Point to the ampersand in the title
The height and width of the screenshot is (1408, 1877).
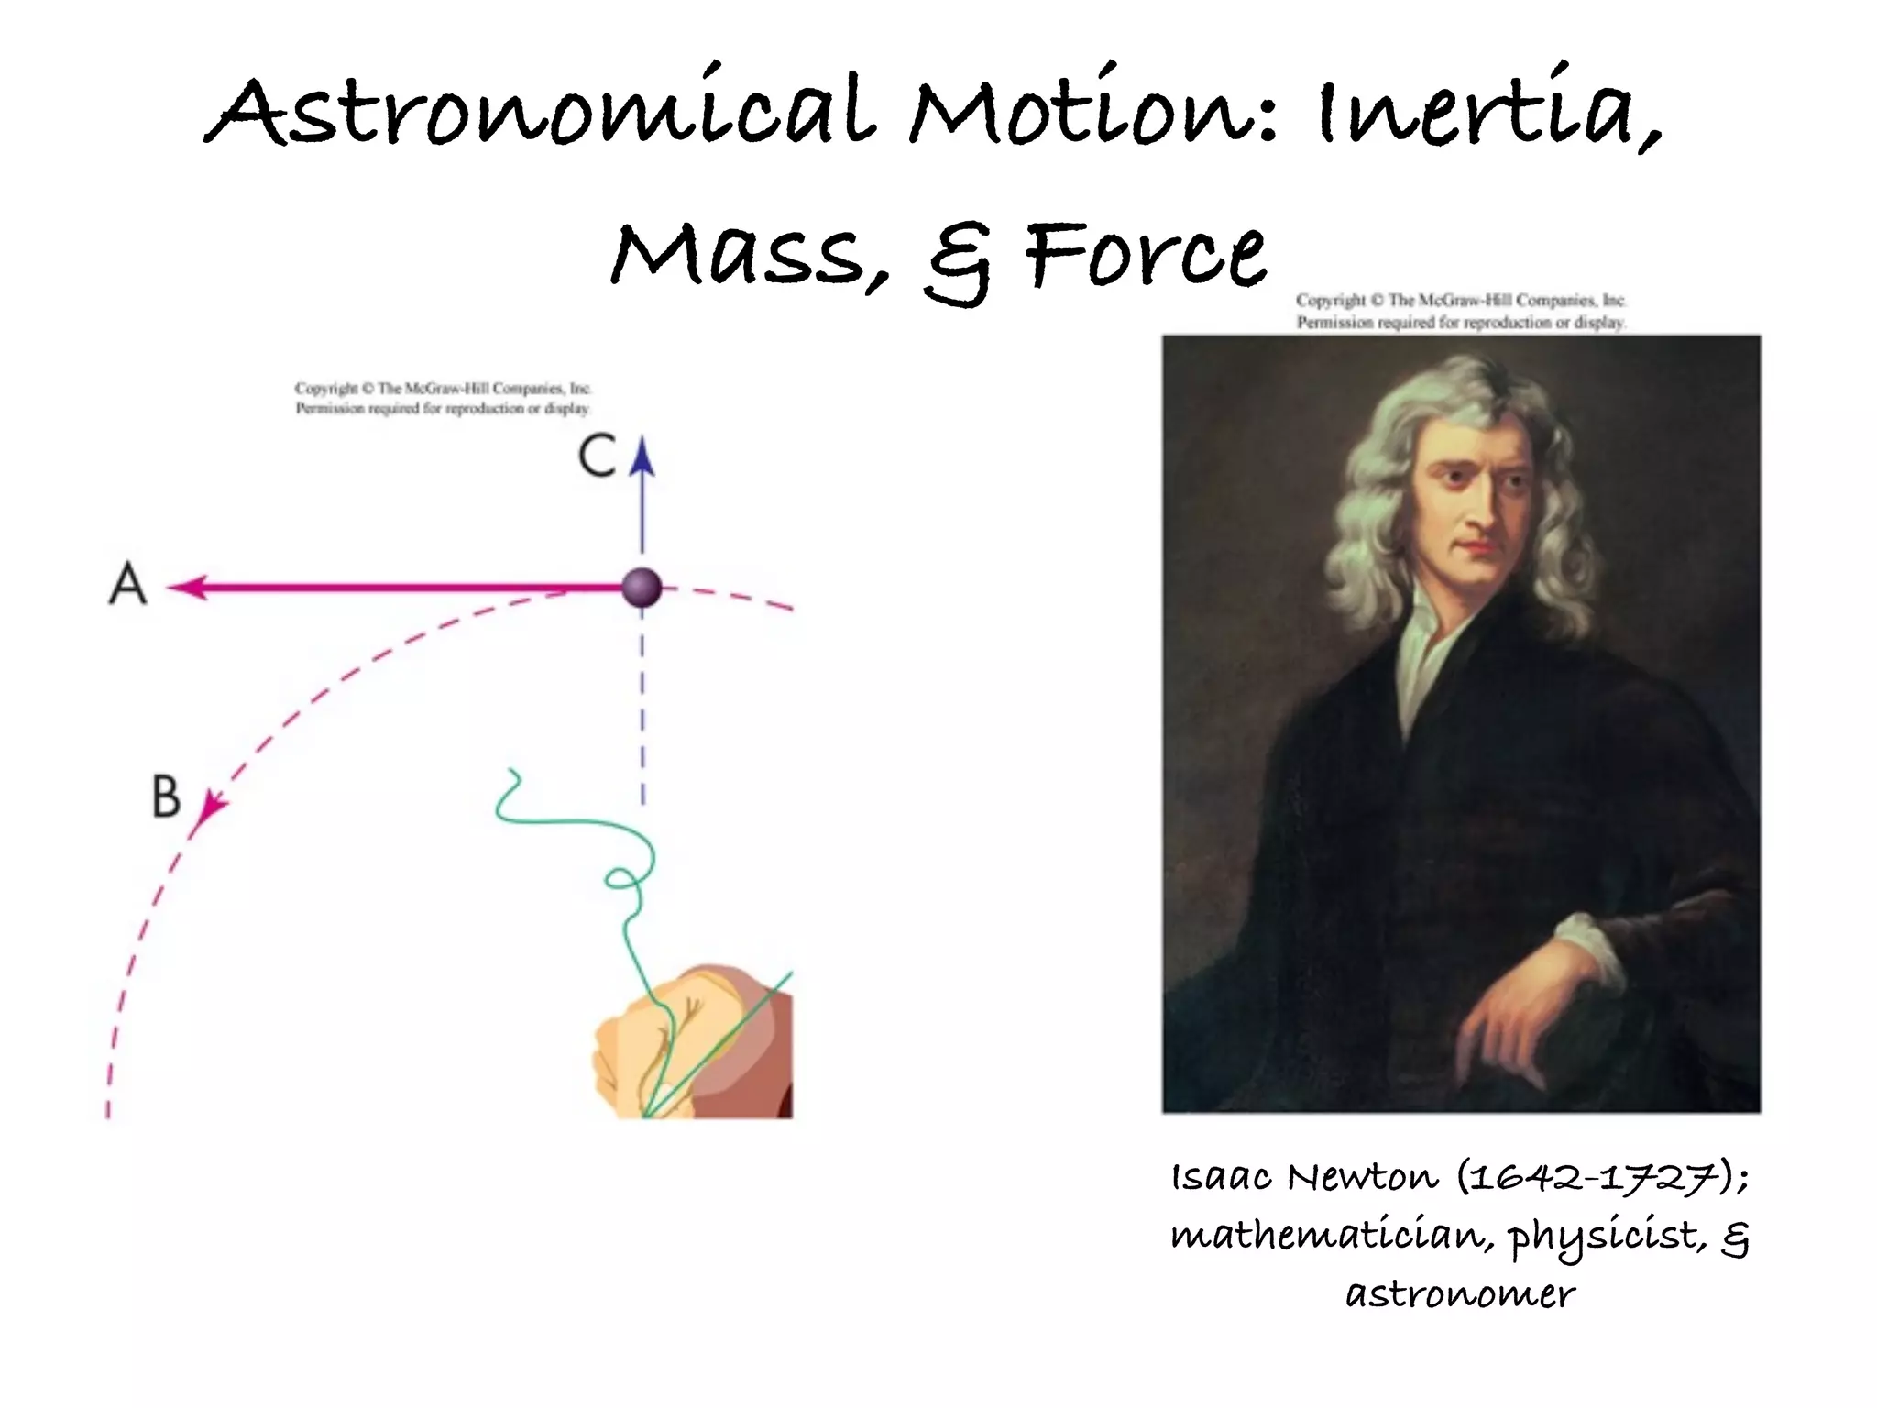click(x=958, y=261)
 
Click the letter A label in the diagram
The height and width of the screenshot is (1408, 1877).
click(x=128, y=584)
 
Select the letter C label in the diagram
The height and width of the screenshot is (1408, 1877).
click(x=598, y=456)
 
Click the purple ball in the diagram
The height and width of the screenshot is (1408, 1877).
click(x=642, y=587)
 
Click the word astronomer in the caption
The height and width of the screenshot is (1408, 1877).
click(x=1461, y=1293)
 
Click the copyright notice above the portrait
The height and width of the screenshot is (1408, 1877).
click(x=1461, y=311)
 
